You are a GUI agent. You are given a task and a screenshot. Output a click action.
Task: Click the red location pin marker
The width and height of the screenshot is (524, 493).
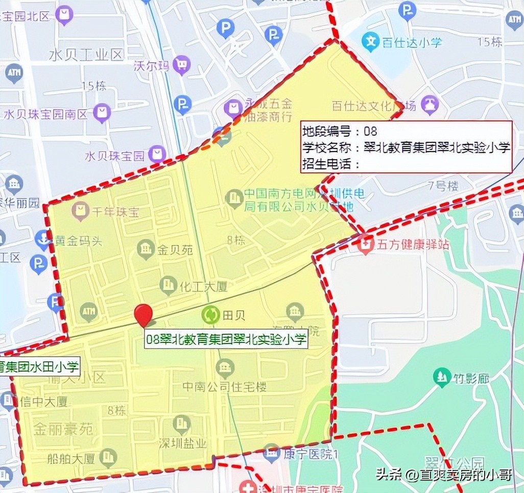[x=143, y=314]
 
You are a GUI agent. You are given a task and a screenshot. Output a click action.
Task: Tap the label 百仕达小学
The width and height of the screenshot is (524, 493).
[x=412, y=42]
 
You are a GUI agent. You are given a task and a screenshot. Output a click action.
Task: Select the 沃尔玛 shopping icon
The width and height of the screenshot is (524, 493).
[x=181, y=65]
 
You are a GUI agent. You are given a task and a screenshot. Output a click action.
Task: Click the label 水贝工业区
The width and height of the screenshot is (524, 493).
[x=86, y=55]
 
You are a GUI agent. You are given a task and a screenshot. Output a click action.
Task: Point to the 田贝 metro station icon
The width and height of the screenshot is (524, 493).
[x=210, y=315]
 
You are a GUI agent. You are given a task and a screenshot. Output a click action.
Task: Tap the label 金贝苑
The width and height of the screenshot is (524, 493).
[x=175, y=250]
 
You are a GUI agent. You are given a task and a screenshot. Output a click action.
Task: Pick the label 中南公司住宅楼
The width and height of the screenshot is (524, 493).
[x=225, y=387]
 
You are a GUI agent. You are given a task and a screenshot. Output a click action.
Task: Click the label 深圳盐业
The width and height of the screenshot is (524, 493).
[x=182, y=442]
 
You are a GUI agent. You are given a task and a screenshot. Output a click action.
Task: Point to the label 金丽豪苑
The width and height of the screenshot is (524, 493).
[x=63, y=429]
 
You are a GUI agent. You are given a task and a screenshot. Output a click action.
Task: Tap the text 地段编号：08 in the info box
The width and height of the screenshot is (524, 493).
[x=340, y=131]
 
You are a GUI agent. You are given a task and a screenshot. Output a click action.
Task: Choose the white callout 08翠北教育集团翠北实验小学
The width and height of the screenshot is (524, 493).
[x=226, y=339]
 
